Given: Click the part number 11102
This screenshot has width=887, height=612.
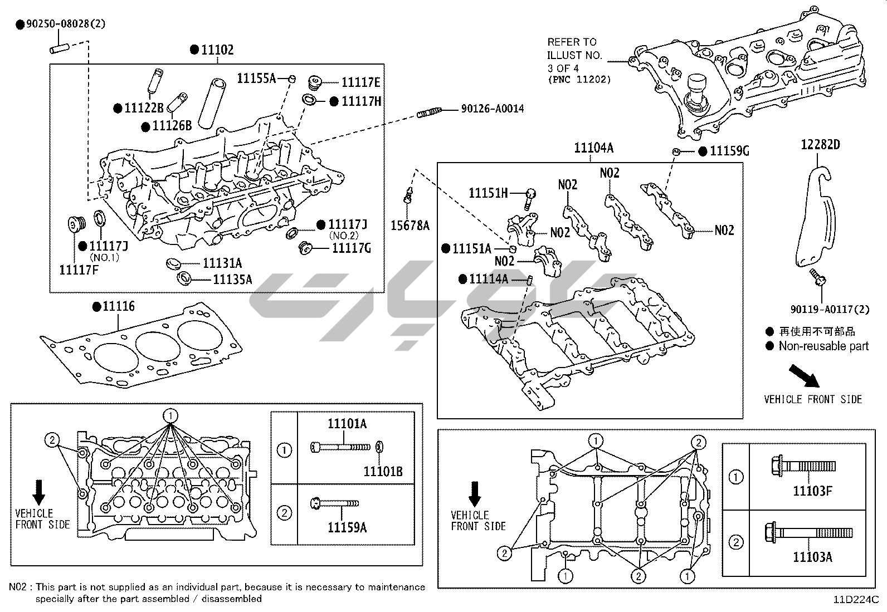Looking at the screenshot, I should (x=217, y=50).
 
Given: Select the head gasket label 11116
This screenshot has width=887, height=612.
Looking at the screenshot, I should (x=118, y=307).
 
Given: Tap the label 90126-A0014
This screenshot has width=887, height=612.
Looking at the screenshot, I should (x=492, y=109).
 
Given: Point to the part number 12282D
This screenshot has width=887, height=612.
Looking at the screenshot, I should (x=820, y=145).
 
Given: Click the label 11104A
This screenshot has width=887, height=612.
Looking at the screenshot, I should (x=593, y=148).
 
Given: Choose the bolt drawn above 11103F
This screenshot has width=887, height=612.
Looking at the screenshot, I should (x=802, y=466).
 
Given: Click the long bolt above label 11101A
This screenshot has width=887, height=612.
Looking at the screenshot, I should (x=340, y=447).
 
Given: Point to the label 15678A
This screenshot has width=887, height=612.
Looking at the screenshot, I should (x=410, y=226).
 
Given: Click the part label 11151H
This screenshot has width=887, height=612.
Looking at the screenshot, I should (x=488, y=193).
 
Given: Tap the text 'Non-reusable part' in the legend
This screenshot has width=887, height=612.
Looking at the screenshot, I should (x=823, y=346).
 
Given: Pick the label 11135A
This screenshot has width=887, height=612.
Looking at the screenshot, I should (x=232, y=279).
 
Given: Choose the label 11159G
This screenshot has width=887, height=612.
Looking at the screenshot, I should (x=729, y=151).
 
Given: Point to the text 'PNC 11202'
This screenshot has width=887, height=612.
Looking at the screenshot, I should (x=579, y=80).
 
